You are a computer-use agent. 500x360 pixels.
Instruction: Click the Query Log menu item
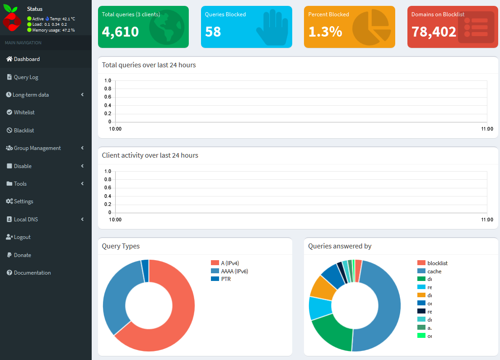[26, 77]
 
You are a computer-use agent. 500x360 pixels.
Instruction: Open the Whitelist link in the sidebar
[24, 112]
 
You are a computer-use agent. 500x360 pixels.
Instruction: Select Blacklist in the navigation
[24, 131]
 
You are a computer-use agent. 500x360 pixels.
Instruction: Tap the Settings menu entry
[23, 201]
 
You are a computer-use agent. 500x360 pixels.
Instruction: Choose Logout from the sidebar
[22, 237]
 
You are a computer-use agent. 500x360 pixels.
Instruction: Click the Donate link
[22, 255]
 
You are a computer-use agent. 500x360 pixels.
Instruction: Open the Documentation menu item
[32, 273]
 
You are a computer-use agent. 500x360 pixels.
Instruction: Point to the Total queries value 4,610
[120, 32]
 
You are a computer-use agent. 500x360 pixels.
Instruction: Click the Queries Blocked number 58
[213, 32]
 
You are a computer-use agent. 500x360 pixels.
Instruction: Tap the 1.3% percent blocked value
[325, 32]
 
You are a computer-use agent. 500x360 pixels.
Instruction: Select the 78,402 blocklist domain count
[434, 32]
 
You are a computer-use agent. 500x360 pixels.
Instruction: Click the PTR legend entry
[226, 279]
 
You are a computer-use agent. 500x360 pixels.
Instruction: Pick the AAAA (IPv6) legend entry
[234, 271]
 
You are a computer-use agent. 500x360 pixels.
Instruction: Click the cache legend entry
[434, 271]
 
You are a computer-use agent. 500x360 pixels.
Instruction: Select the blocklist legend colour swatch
[421, 263]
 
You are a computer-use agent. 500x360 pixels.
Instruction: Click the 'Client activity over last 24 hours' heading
[150, 155]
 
